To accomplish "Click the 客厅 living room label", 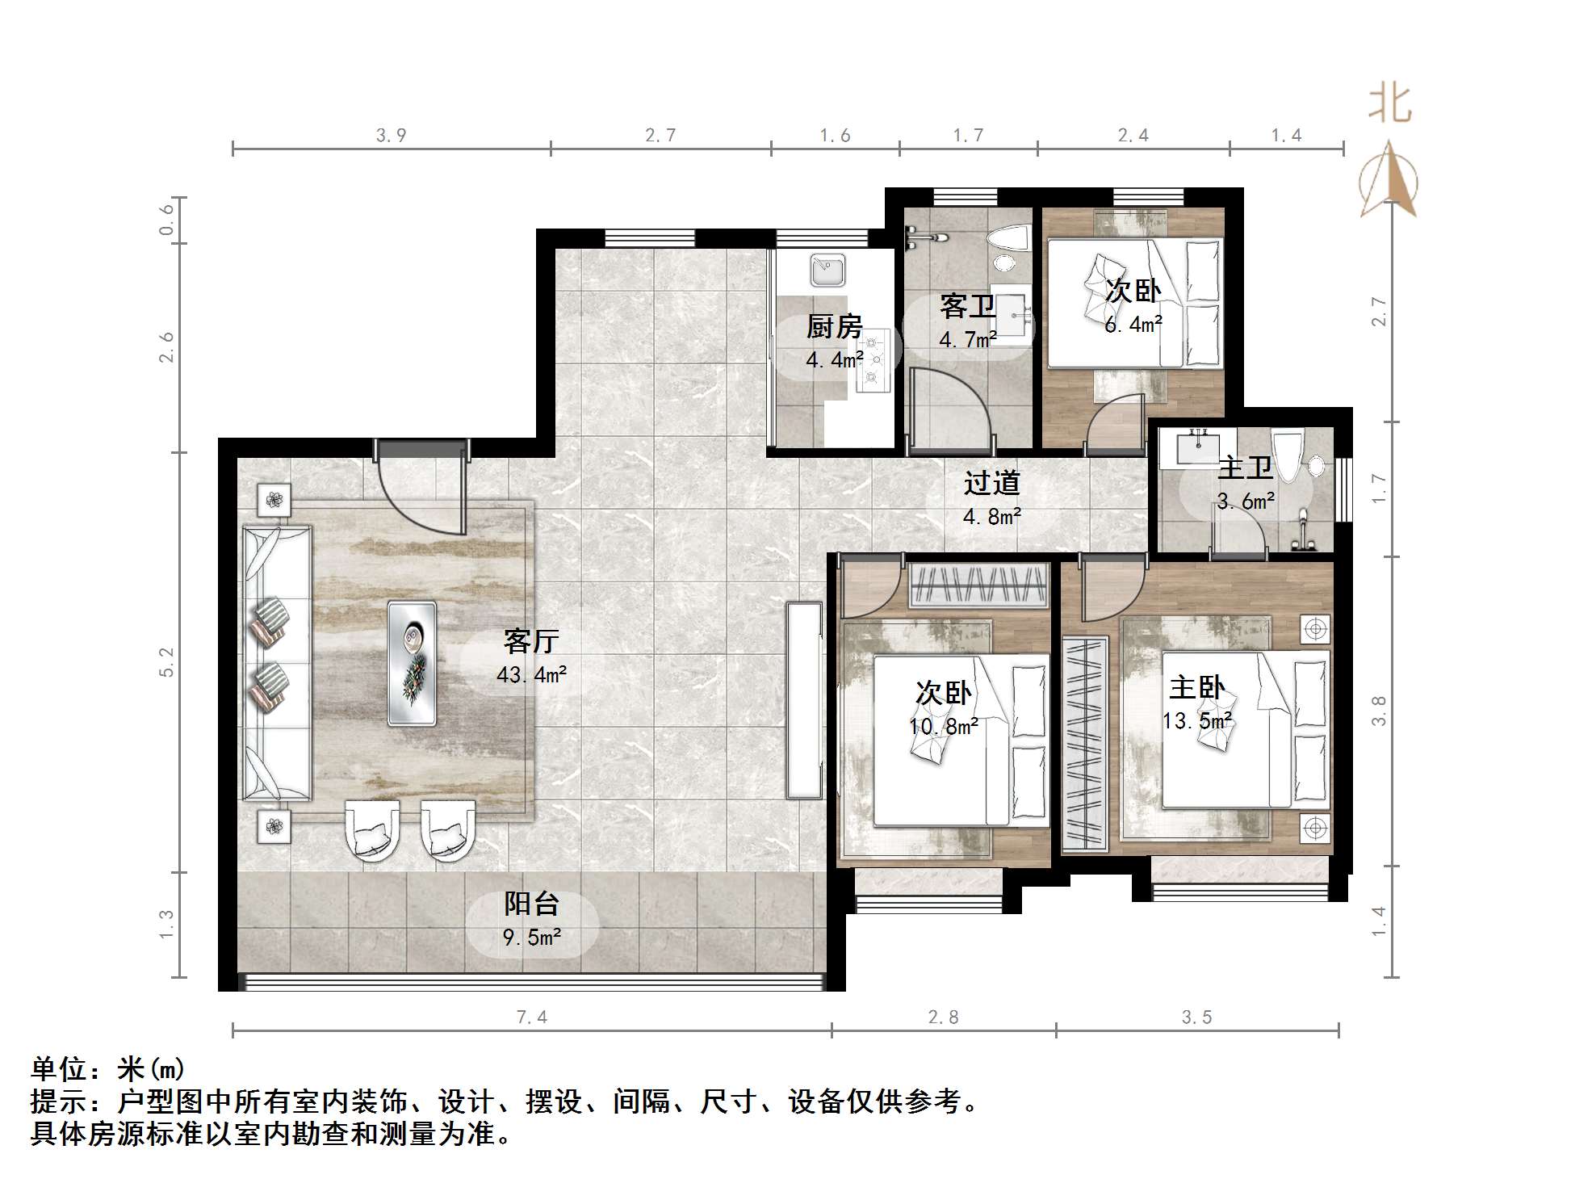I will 531,641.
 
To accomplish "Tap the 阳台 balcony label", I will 531,904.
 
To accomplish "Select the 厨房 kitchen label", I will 834,326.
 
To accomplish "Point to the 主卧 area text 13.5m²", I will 1196,721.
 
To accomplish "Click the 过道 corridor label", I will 991,483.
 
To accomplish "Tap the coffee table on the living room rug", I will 412,663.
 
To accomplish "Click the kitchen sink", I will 827,271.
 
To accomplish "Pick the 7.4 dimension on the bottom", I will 531,1017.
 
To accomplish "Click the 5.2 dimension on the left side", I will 166,662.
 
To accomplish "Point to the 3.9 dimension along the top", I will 391,136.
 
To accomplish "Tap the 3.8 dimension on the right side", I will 1379,711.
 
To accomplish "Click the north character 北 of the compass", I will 1389,104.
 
